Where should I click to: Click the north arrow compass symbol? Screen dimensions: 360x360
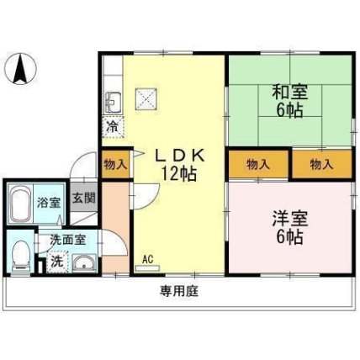tap(21, 68)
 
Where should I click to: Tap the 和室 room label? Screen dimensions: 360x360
tap(290, 93)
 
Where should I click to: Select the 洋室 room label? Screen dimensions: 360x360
tap(290, 219)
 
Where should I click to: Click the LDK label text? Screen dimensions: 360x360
tap(180, 156)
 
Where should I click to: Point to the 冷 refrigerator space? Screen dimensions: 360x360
tap(113, 127)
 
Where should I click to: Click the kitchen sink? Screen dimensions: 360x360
tap(114, 103)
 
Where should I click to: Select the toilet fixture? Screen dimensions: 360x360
tap(21, 256)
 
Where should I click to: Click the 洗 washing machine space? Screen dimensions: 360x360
tap(57, 262)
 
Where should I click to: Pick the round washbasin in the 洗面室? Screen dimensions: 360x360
tap(84, 263)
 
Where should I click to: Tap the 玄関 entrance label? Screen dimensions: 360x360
tap(84, 198)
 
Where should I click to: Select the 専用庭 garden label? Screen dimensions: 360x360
tap(179, 291)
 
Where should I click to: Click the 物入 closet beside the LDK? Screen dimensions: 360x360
tap(115, 164)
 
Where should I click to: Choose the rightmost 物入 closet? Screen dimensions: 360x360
tap(322, 164)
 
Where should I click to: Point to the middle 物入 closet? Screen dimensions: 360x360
tap(258, 164)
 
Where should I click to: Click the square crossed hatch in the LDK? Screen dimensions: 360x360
tap(146, 98)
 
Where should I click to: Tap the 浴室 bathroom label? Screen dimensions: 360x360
tap(49, 203)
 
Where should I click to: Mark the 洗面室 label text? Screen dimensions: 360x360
tap(68, 240)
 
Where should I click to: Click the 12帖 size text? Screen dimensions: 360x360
tap(178, 174)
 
